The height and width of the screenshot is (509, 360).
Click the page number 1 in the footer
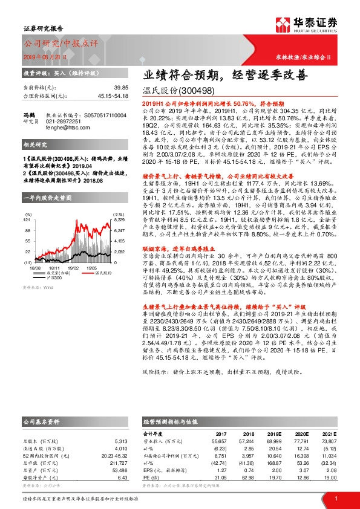[x=335, y=498]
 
